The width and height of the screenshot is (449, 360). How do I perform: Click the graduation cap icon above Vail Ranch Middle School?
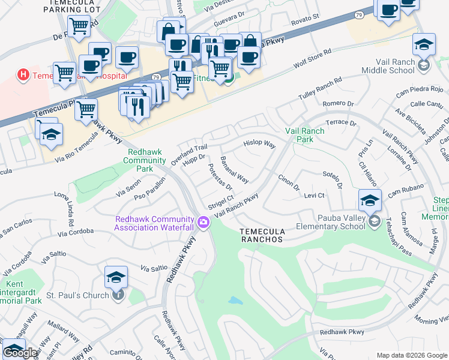pyautogui.click(x=424, y=45)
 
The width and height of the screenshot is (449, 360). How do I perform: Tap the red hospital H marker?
pyautogui.click(x=23, y=75)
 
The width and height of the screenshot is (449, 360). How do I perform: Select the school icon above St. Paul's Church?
pyautogui.click(x=116, y=277)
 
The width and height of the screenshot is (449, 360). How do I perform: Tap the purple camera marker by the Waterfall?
pyautogui.click(x=204, y=223)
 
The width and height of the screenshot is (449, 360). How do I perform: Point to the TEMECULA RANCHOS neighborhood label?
pyautogui.click(x=261, y=235)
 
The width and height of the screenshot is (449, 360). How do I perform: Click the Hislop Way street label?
pyautogui.click(x=259, y=145)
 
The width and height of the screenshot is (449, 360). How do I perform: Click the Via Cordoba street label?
pyautogui.click(x=76, y=231)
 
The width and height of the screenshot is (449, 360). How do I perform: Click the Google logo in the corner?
pyautogui.click(x=20, y=353)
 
